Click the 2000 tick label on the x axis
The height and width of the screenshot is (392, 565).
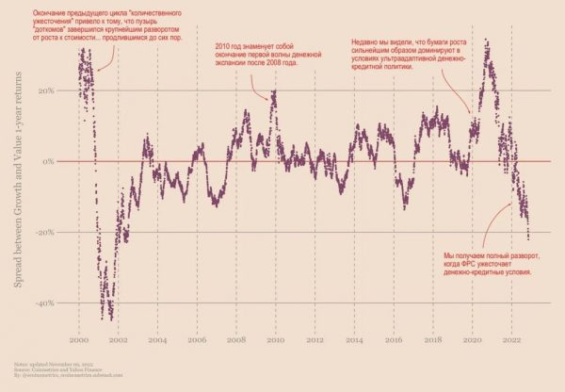click(79, 338)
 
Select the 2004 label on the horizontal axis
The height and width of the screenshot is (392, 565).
click(157, 338)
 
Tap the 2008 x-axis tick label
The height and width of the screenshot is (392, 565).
click(235, 338)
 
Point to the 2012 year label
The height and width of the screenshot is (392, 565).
click(315, 338)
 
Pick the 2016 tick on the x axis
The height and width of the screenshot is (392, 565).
click(394, 338)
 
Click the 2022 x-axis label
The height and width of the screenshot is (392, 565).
click(512, 338)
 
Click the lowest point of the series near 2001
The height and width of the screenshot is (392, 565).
click(110, 318)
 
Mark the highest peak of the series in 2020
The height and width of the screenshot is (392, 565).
click(486, 41)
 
